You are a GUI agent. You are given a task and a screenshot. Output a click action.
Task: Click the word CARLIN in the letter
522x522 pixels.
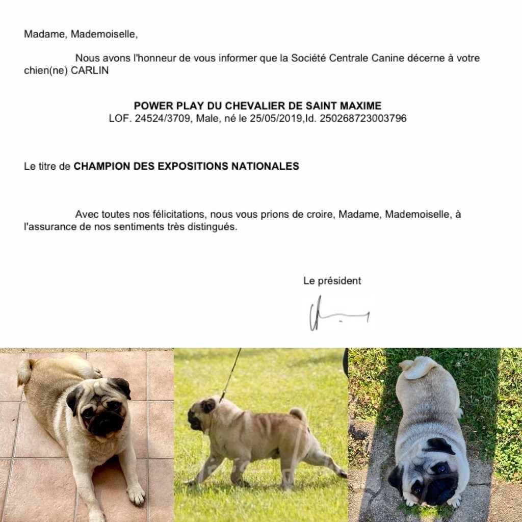coord(90,71)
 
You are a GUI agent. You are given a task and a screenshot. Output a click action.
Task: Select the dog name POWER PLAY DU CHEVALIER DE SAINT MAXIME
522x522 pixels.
coord(257,106)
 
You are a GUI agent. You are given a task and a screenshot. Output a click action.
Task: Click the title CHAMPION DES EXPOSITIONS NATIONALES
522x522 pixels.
coord(186,166)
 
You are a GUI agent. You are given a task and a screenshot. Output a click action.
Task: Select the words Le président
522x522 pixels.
coord(332,281)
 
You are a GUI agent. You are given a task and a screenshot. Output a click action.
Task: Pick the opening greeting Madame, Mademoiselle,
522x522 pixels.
coord(81,34)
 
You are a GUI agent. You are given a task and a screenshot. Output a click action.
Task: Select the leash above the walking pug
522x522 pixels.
coord(231,375)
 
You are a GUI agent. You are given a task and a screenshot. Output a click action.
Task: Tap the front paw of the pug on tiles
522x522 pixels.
coord(136,493)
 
